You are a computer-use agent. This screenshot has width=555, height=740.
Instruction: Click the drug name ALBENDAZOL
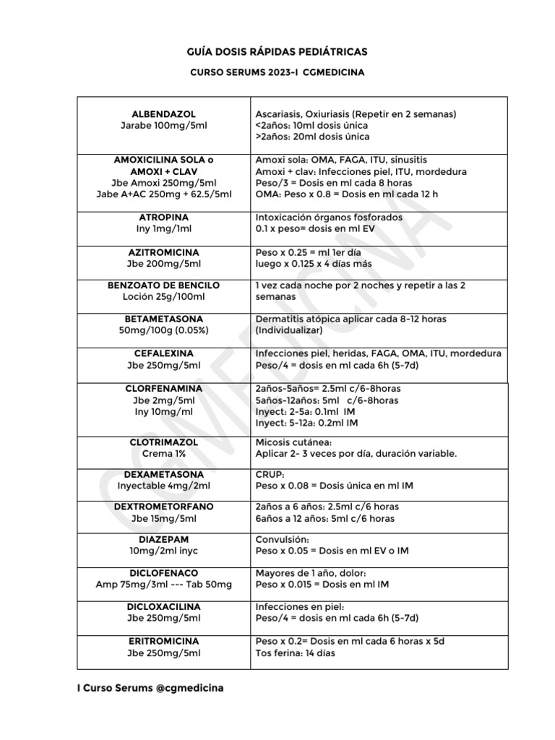tap(163, 114)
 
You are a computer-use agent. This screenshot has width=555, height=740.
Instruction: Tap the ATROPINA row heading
tap(163, 218)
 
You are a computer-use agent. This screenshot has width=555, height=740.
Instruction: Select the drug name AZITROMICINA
tap(163, 253)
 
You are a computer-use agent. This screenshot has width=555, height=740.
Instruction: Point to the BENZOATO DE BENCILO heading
tap(163, 285)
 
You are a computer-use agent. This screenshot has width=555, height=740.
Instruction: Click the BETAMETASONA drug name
tap(163, 319)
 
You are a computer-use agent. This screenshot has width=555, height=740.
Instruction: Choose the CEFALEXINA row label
tap(163, 353)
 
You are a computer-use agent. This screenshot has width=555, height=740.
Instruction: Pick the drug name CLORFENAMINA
tap(163, 389)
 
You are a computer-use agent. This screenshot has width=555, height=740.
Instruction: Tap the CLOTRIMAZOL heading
tap(163, 442)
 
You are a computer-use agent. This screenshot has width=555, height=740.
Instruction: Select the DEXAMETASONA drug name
tap(163, 475)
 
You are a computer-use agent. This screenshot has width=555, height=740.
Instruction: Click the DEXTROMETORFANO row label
tap(163, 507)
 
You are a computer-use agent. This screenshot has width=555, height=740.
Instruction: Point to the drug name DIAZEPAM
tap(163, 540)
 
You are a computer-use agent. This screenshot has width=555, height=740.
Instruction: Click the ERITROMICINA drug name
tap(163, 642)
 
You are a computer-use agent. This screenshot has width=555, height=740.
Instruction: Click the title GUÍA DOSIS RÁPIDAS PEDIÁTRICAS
tap(277, 52)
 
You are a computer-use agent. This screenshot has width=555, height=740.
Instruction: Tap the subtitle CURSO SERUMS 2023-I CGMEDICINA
tap(277, 73)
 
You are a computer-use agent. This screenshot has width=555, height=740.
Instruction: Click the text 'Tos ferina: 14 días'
tap(296, 653)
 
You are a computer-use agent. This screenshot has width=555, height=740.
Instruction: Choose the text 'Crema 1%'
tap(163, 453)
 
